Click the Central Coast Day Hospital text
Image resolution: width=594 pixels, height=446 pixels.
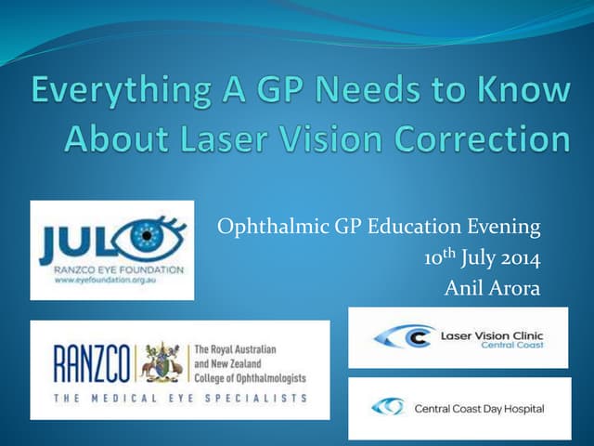click(x=479, y=408)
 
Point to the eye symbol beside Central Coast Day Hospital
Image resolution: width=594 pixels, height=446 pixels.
click(x=387, y=407)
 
